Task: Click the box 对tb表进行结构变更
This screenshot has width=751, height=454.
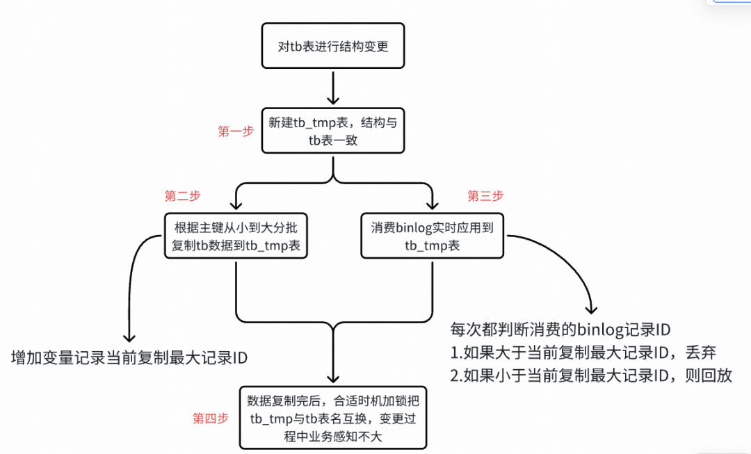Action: tap(332, 46)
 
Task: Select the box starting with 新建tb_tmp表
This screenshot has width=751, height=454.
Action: tap(332, 131)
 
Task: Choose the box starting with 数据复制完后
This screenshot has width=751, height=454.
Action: tap(332, 417)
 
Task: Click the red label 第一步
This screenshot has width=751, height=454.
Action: tap(236, 131)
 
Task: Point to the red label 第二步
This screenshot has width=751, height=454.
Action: tap(181, 195)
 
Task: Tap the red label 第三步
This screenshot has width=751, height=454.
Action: tap(485, 195)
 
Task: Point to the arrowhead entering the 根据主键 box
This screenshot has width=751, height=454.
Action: tap(236, 205)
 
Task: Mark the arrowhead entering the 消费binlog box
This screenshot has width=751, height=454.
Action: tap(432, 205)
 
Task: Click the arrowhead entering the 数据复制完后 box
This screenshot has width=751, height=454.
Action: tap(333, 376)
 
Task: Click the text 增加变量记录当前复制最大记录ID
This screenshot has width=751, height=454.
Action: tap(130, 358)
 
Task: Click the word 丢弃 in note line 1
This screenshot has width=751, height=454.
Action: tap(700, 352)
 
